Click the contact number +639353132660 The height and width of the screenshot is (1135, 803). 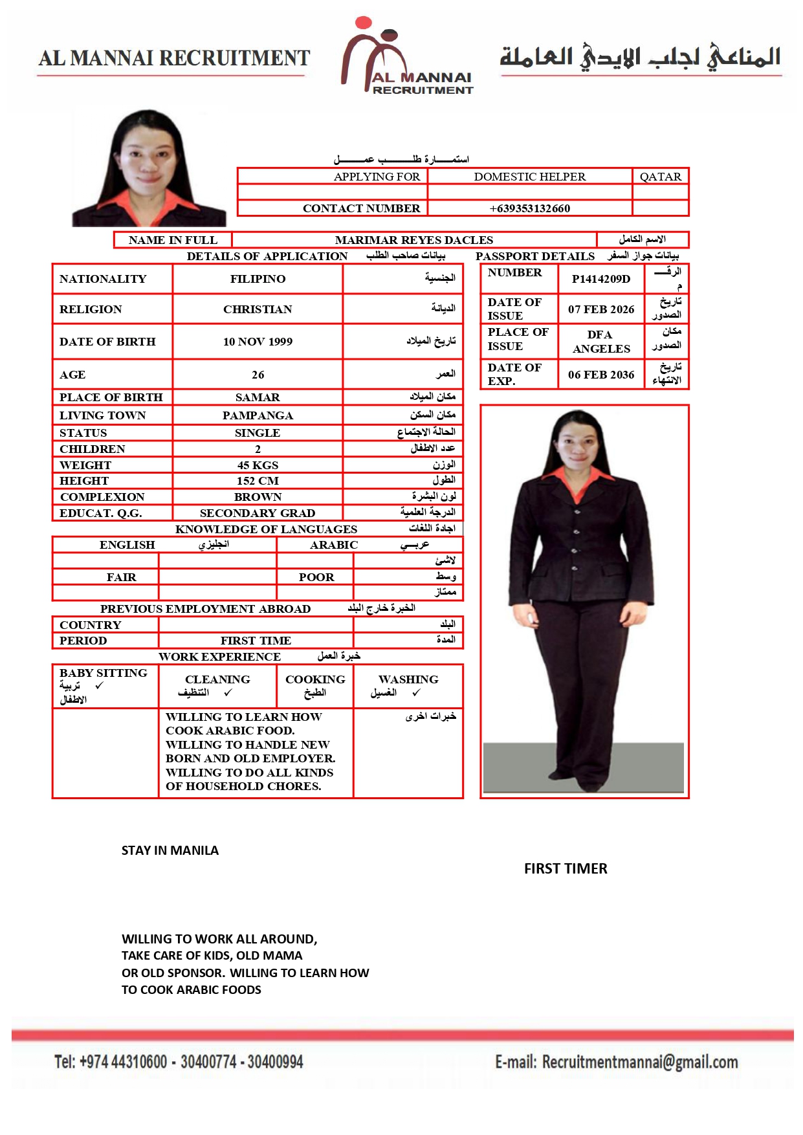pos(529,208)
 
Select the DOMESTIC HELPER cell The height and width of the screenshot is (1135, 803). pos(529,177)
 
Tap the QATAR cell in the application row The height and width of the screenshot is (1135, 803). pos(660,177)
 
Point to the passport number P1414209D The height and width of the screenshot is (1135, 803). pos(600,279)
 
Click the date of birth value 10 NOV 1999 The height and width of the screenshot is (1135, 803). pos(258,342)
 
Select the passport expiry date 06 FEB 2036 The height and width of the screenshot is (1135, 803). pos(600,375)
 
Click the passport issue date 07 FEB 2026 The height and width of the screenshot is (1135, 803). pos(600,309)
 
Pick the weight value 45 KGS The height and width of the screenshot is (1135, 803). pos(258,465)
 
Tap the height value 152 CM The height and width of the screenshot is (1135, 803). pos(258,481)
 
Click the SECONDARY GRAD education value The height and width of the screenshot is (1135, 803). pos(258,513)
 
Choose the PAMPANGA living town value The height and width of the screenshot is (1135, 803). pos(258,415)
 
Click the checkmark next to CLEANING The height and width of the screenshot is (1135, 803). pos(228,692)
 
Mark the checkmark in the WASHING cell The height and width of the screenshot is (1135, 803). pos(416,692)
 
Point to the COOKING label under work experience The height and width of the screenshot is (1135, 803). pos(315,679)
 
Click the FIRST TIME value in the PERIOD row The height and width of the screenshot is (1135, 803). pos(256,641)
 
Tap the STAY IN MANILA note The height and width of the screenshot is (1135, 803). pos(170,850)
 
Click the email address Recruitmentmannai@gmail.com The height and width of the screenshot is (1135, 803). pos(639,1062)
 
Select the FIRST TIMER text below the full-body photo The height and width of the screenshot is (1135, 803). pos(566,868)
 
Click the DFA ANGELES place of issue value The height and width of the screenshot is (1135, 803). pos(600,342)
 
